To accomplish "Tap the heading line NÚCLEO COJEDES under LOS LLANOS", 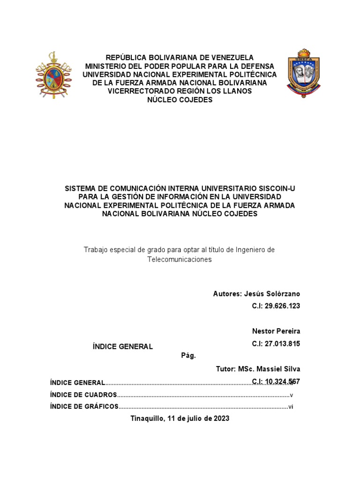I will (x=180, y=100).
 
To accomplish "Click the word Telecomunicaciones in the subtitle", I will (x=180, y=259).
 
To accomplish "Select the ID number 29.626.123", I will (x=276, y=306).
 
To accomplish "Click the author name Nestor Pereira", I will (x=276, y=331).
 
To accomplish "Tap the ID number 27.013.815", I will (x=276, y=344).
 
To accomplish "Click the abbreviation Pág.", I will (x=188, y=356).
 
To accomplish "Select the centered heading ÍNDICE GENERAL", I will (x=123, y=346).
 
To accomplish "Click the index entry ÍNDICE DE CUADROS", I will (x=82, y=395).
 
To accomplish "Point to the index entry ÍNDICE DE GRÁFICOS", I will (x=84, y=406).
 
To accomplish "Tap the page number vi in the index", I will (x=291, y=406).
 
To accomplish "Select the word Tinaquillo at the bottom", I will (x=147, y=419).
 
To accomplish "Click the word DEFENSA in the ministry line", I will (x=254, y=66).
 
